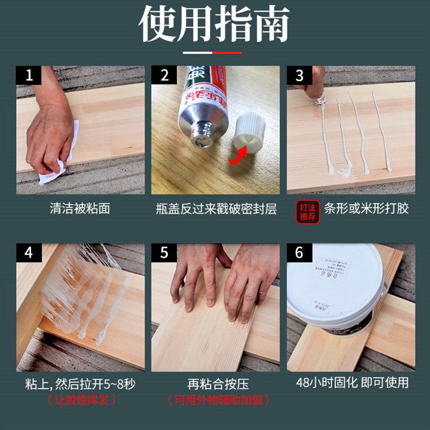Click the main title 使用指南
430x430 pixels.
215,24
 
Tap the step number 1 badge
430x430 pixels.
28,75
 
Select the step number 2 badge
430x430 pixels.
164,75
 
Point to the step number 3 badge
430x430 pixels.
299,75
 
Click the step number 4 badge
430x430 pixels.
28,253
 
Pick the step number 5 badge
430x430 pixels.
164,253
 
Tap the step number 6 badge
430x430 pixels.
299,253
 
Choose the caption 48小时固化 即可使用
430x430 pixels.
352,383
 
